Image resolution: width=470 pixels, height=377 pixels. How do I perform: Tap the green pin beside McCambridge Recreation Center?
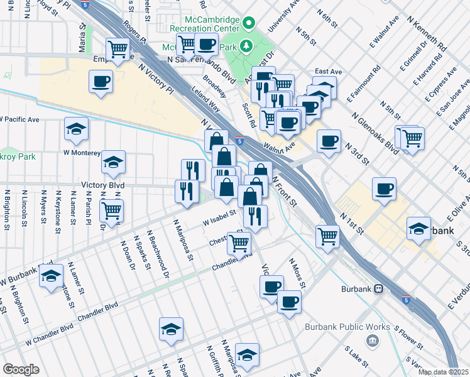coord(249,25)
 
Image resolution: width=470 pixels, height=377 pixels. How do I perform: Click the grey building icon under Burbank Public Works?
coord(373,341)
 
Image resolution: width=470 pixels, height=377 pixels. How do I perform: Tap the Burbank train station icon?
coord(379,288)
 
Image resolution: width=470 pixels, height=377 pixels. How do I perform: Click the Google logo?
coord(21,369)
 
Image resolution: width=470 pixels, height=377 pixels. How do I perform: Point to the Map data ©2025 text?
coord(443,372)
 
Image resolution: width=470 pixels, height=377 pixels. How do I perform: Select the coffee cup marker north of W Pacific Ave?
coord(101,81)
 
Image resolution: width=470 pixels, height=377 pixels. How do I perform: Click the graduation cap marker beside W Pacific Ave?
coord(76,129)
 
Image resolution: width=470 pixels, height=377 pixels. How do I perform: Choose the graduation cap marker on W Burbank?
coord(51,275)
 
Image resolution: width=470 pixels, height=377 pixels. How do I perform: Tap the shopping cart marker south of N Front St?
coord(327,236)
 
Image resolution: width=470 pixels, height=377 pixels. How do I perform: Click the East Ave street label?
coord(328,72)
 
